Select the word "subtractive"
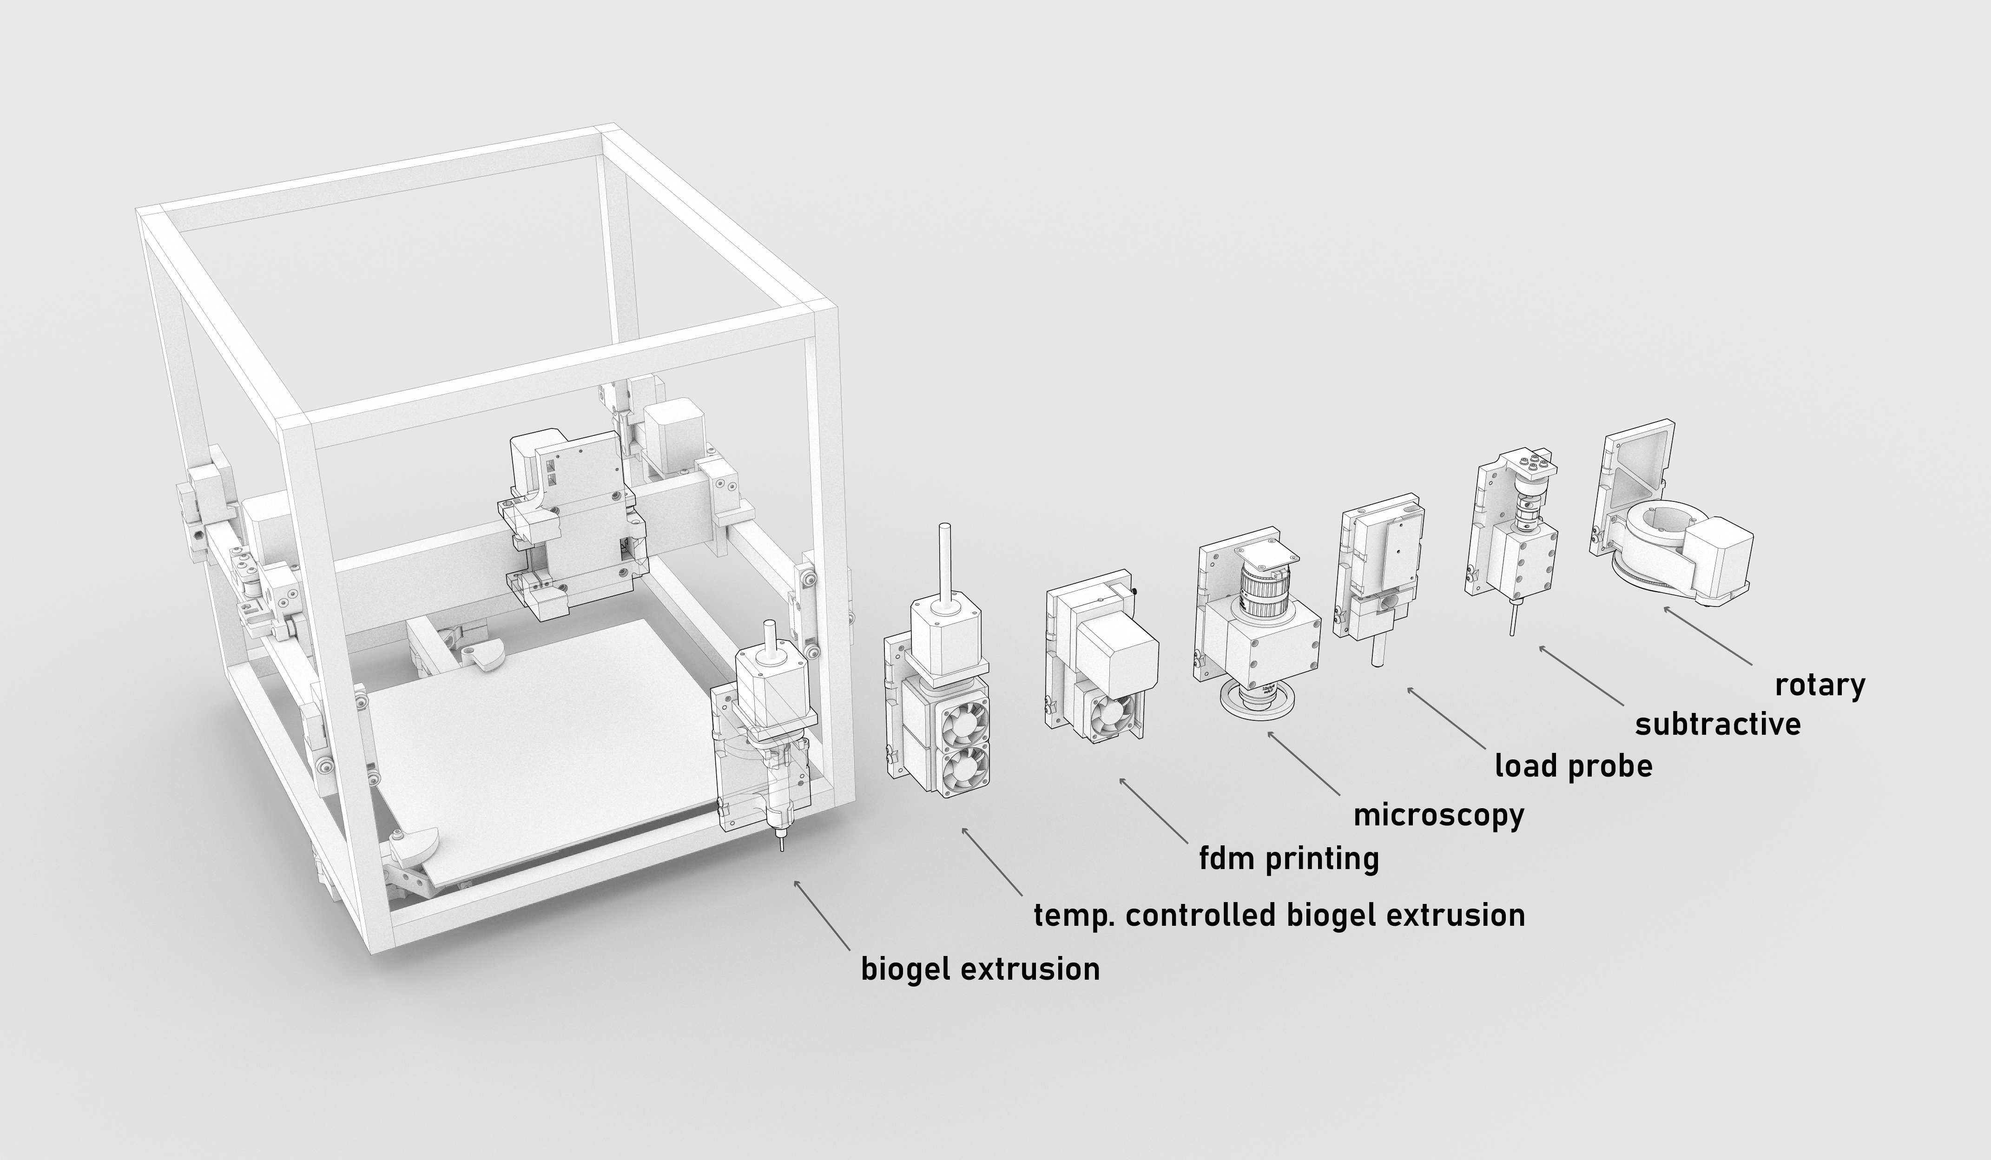(1718, 724)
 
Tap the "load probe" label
(1573, 766)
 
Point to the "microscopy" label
(1439, 815)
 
